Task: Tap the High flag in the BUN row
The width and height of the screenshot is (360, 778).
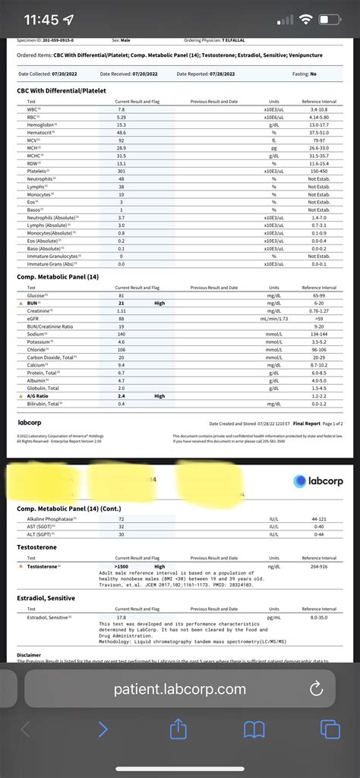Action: pos(159,303)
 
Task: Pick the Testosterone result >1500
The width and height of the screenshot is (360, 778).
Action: pos(122,566)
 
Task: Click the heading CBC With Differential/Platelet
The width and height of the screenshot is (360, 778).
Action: pos(62,90)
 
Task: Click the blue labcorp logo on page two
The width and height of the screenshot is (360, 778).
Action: pos(317,480)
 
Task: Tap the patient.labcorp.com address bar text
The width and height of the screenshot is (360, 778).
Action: pos(180,689)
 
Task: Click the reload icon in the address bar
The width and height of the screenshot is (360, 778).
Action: pos(317,689)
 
